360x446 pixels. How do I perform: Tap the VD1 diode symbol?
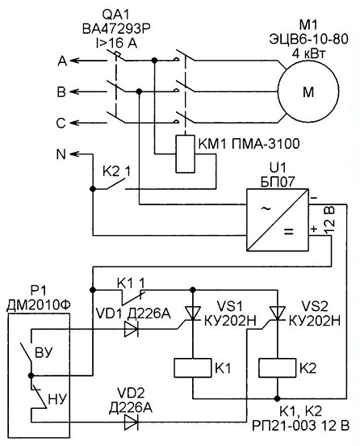132,329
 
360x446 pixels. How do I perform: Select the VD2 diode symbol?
132,422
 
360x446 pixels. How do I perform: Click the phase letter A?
62,61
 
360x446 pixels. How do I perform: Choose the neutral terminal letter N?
61,154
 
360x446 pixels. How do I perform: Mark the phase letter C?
61,123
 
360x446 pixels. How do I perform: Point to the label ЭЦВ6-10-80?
308,40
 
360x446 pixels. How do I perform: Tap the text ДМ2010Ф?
39,305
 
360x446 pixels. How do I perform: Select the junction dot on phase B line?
139,91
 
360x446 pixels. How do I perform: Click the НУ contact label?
57,399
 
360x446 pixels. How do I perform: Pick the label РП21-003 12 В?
300,426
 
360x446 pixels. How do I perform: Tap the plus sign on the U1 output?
314,229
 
